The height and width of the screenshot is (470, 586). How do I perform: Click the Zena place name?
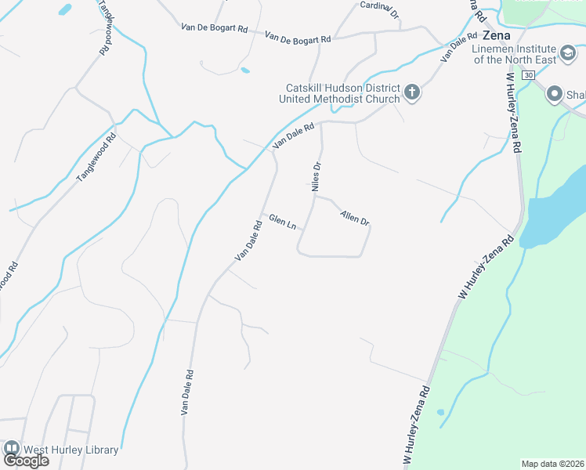497,36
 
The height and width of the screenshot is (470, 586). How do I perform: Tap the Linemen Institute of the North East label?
515,54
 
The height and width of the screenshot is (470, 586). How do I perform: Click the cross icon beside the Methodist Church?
412,93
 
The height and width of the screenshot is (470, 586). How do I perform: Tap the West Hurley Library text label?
71,450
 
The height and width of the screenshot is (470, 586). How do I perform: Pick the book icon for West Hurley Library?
11,449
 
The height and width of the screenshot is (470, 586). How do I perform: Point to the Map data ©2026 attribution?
552,464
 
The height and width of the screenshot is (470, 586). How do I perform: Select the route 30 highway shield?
529,74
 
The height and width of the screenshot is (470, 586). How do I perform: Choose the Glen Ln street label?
282,222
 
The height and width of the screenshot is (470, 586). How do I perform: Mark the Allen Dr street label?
354,216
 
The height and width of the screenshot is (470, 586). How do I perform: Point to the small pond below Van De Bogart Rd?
245,70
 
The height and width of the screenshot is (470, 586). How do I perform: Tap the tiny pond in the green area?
440,412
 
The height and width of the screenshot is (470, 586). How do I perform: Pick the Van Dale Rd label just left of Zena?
459,48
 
